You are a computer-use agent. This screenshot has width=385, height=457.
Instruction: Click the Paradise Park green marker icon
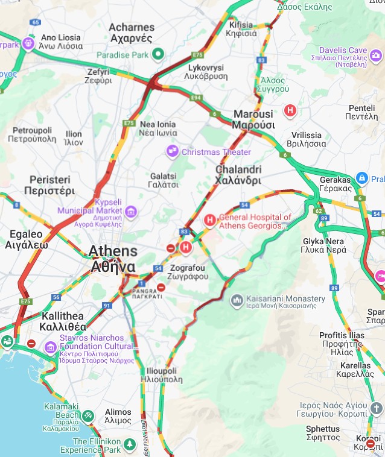click(x=158, y=55)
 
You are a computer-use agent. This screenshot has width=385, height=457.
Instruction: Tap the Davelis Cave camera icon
click(x=376, y=56)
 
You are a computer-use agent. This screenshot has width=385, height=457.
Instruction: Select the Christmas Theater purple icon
click(x=173, y=151)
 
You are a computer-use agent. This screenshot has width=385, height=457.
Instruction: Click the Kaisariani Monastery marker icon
click(x=237, y=299)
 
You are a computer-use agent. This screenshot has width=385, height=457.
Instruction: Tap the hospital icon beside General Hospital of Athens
click(x=209, y=221)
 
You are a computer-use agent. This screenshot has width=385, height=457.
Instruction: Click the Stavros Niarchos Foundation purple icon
click(x=50, y=346)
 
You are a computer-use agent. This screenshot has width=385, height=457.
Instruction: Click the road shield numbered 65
click(x=35, y=22)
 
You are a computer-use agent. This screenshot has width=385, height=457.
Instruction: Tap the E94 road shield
click(x=196, y=96)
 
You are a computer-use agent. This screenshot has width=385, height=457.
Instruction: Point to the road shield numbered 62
click(x=319, y=211)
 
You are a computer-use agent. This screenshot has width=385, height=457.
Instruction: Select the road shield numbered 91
click(x=107, y=306)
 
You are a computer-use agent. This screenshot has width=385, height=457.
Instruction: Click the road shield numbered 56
click(x=56, y=297)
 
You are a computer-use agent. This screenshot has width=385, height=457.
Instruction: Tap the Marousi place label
click(x=253, y=119)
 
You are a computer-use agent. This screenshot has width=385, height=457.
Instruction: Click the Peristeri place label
click(x=49, y=185)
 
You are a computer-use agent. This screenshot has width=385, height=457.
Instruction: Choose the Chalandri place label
click(x=238, y=175)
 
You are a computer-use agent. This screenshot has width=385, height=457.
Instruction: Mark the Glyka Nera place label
click(x=325, y=245)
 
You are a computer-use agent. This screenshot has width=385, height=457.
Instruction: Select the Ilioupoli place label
click(x=161, y=375)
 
